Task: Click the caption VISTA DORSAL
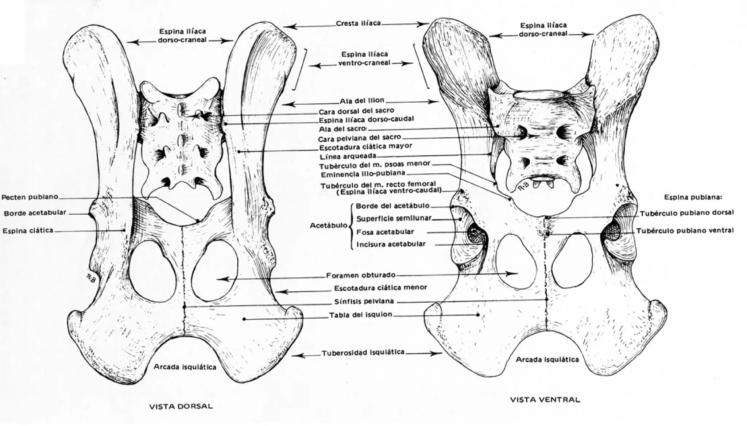coord(181,406)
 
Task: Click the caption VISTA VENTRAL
coord(545,399)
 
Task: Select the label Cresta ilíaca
coord(358,23)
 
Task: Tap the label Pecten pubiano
coord(30,197)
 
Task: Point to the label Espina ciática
coord(28,231)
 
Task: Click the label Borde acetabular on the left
coord(35,213)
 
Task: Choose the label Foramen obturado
coord(360,275)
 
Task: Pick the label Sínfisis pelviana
coord(364,302)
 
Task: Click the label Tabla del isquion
coord(360,314)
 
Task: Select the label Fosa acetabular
coord(385,232)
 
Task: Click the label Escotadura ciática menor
coord(380,288)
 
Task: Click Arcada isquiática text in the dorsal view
coord(185,367)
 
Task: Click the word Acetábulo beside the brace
coord(328,226)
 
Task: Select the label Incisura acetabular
coord(391,244)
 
